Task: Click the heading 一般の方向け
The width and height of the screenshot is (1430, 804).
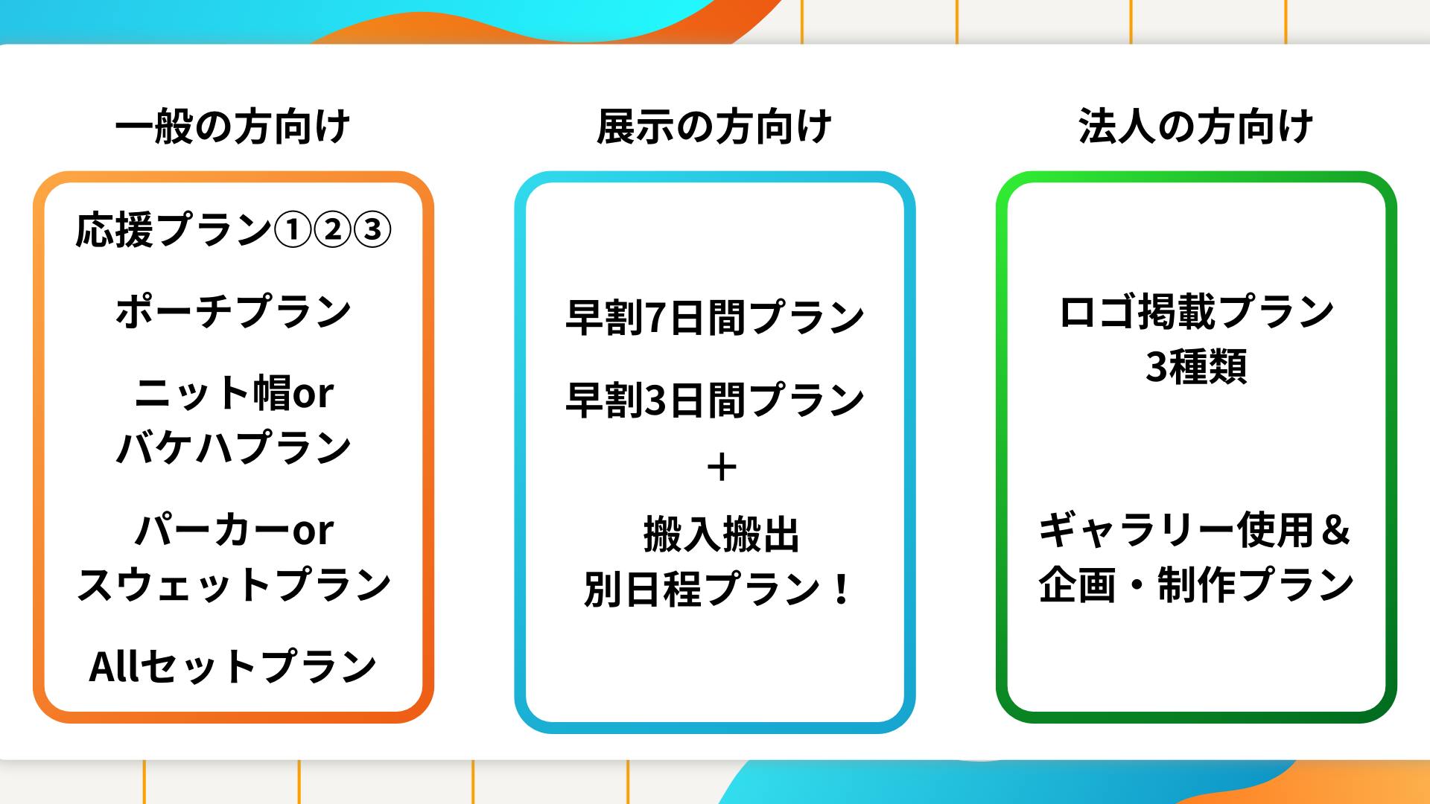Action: (232, 127)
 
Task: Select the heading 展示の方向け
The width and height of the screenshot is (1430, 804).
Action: (714, 127)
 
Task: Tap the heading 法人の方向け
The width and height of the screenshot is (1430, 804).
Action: (1195, 127)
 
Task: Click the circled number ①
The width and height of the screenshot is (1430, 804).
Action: (293, 230)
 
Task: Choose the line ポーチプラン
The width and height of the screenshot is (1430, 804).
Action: (233, 312)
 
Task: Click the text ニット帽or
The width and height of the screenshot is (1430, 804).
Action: (234, 393)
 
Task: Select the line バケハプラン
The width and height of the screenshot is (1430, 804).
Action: (234, 448)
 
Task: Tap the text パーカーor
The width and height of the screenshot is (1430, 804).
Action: (234, 530)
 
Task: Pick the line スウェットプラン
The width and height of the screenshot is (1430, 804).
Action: (234, 584)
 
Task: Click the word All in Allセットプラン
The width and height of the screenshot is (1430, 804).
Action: (114, 666)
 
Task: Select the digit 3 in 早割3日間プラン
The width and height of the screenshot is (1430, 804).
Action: (655, 401)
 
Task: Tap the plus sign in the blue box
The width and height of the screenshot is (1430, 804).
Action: (721, 468)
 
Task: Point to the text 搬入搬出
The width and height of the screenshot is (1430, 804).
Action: (721, 535)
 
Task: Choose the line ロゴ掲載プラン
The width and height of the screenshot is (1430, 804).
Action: (1196, 312)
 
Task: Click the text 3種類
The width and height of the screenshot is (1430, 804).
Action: (1196, 366)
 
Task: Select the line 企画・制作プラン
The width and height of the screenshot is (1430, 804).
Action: (1196, 584)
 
